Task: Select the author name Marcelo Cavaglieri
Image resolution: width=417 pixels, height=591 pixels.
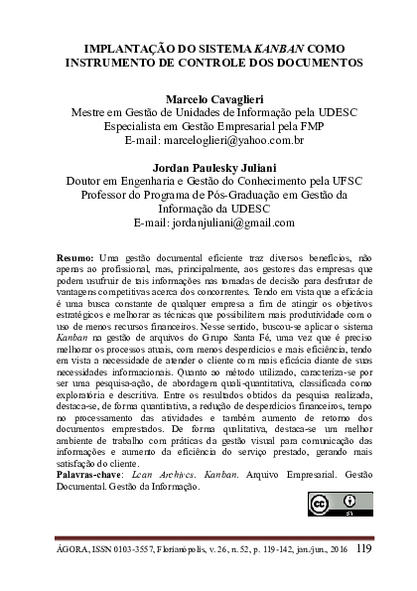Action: point(208,100)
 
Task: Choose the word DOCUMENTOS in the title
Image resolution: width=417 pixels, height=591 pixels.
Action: point(312,62)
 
